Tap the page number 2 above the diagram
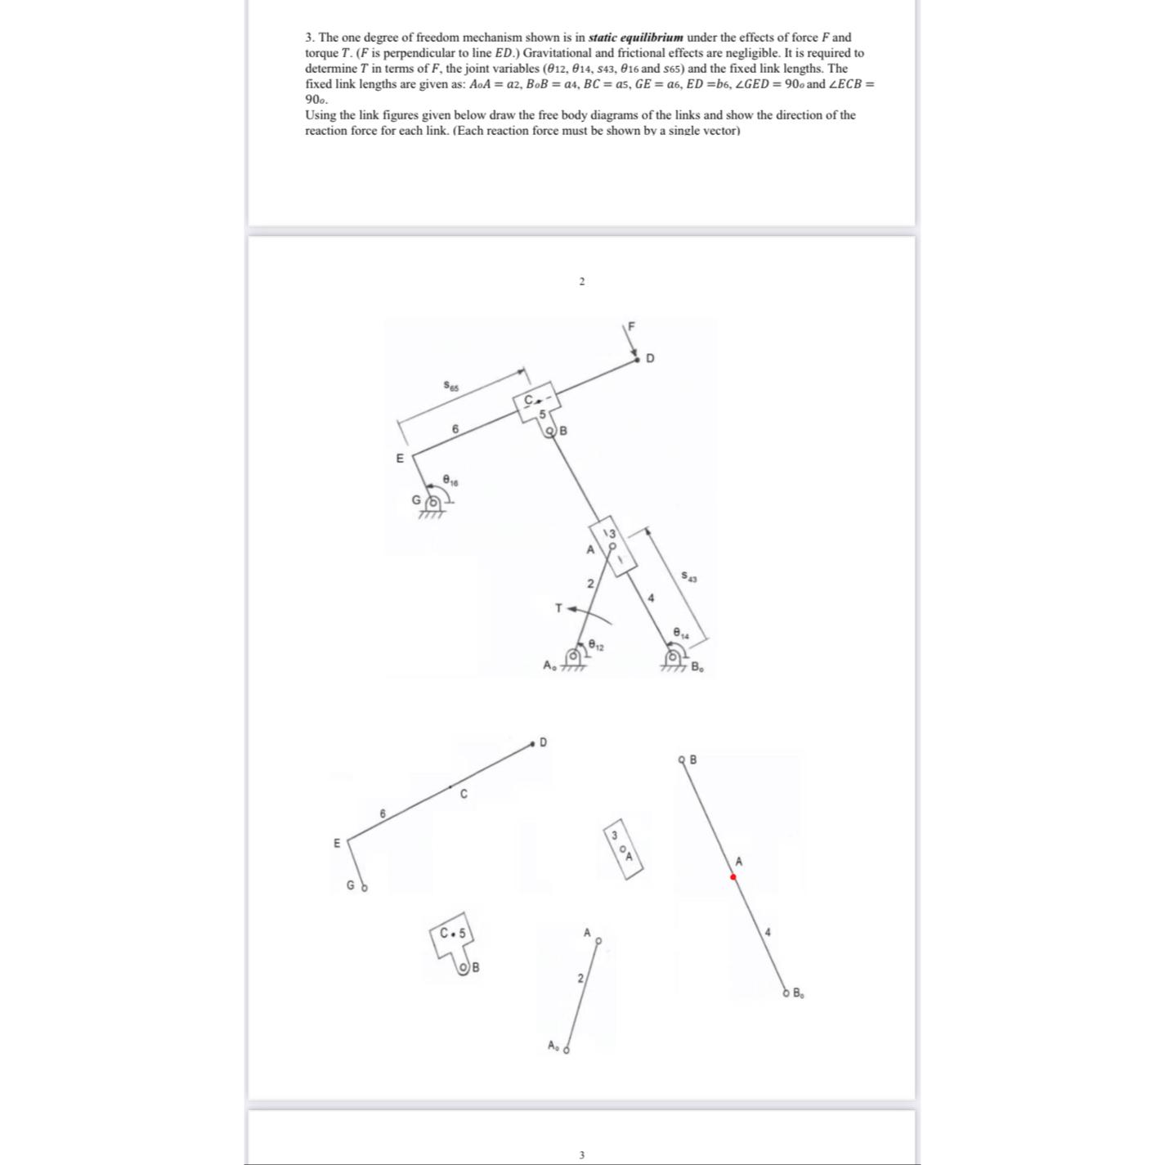pyautogui.click(x=581, y=282)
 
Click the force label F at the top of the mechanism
pyautogui.click(x=630, y=326)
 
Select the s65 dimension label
pyautogui.click(x=451, y=384)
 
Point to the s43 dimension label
pyautogui.click(x=690, y=577)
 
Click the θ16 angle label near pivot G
pyautogui.click(x=450, y=480)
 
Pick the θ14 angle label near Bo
pyautogui.click(x=680, y=633)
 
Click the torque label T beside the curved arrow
pyautogui.click(x=558, y=608)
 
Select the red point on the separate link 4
pyautogui.click(x=733, y=876)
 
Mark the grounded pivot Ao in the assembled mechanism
pyautogui.click(x=574, y=656)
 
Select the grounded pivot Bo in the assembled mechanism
pyautogui.click(x=674, y=656)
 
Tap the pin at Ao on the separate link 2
pyautogui.click(x=566, y=1048)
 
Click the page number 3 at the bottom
pyautogui.click(x=581, y=1154)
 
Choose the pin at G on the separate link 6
pyautogui.click(x=365, y=887)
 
